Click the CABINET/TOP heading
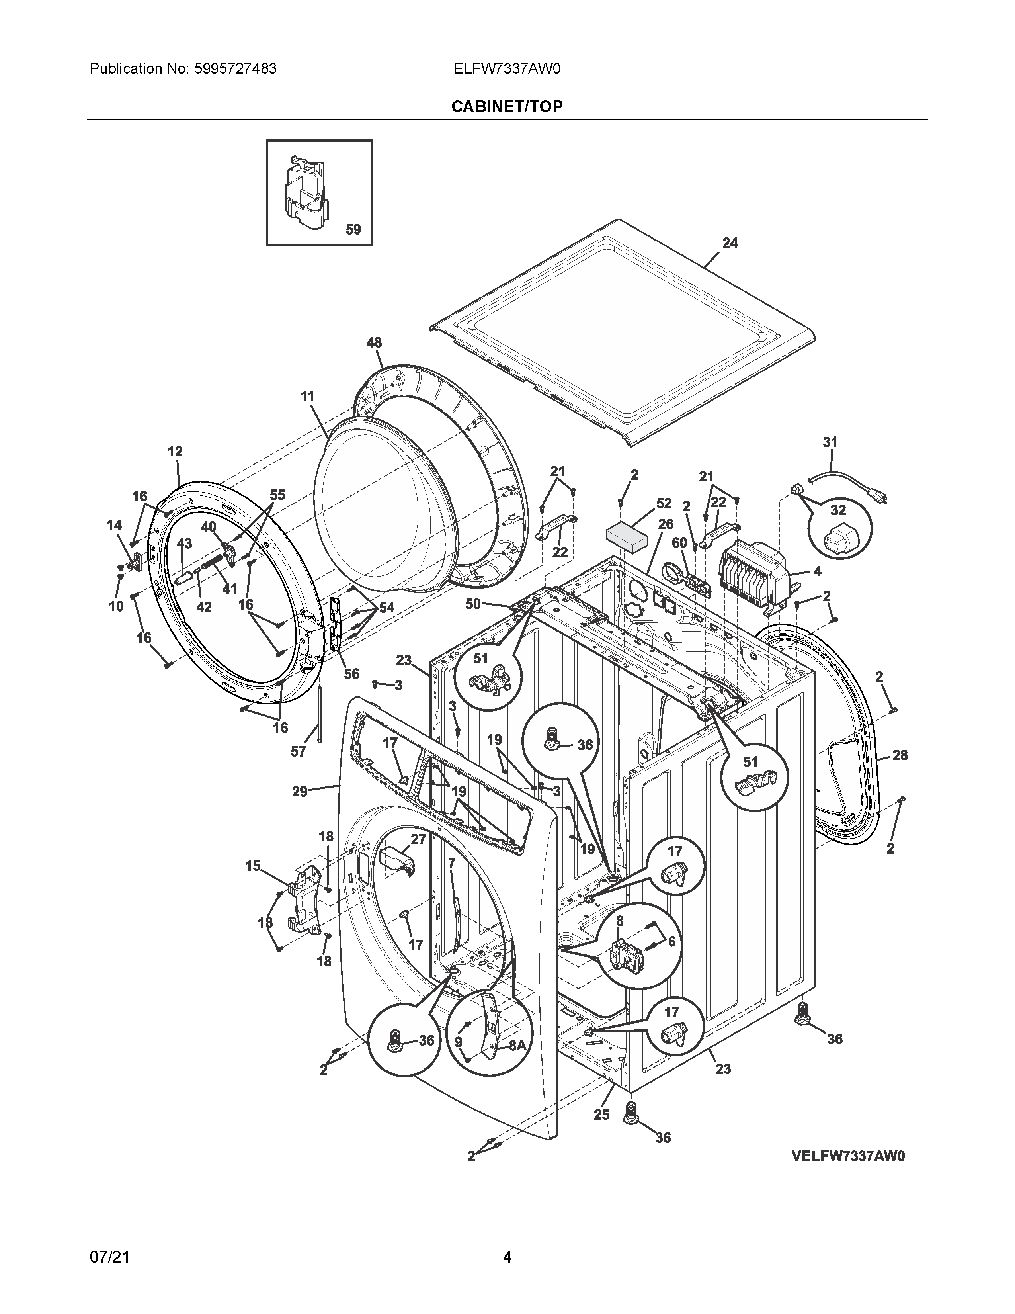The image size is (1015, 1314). tap(507, 106)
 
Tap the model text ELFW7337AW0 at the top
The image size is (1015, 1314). tap(507, 68)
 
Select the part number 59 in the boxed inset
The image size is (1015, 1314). tap(353, 229)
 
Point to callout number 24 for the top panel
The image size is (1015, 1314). tap(730, 242)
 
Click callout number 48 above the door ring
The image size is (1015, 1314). tap(374, 342)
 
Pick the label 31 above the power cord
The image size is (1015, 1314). tap(830, 442)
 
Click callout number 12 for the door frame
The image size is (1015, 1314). tap(175, 451)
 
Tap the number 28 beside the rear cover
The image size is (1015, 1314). tap(900, 755)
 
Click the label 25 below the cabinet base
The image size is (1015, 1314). tap(601, 1114)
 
